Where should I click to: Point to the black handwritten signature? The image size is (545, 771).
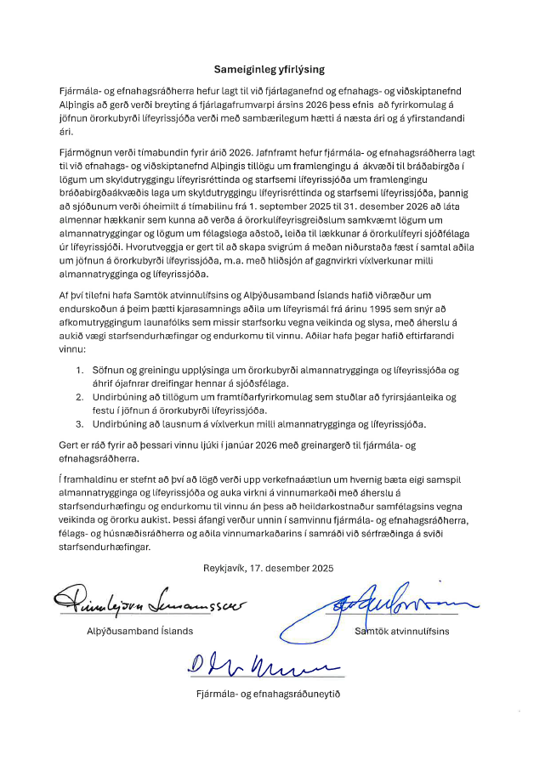point(150,604)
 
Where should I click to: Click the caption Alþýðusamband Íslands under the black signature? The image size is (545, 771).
point(141,632)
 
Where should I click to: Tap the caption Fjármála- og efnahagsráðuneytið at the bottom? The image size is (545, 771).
point(269,695)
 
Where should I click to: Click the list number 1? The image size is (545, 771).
point(80,370)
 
